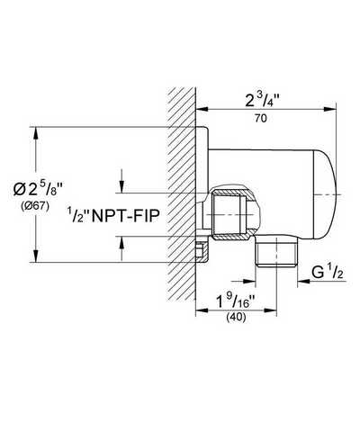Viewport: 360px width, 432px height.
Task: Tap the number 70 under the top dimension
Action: pos(261,119)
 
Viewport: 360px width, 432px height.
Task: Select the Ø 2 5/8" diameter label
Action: pos(38,189)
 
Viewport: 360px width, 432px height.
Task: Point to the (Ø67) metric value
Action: pos(35,206)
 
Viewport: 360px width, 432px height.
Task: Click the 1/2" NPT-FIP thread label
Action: pos(112,215)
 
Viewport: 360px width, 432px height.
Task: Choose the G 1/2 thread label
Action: pos(328,273)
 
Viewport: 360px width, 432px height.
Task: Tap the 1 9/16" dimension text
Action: pos(236,301)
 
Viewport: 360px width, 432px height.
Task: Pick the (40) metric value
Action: pos(236,317)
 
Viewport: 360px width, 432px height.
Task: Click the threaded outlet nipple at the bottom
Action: pos(276,251)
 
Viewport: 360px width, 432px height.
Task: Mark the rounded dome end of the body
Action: pos(326,195)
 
